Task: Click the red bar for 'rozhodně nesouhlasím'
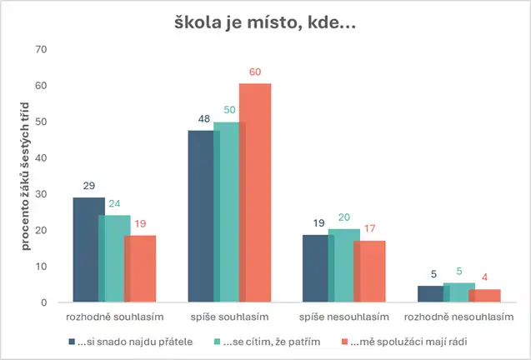tap(484, 296)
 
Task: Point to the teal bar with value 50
tap(228, 212)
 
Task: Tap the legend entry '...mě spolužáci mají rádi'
tap(398, 341)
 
